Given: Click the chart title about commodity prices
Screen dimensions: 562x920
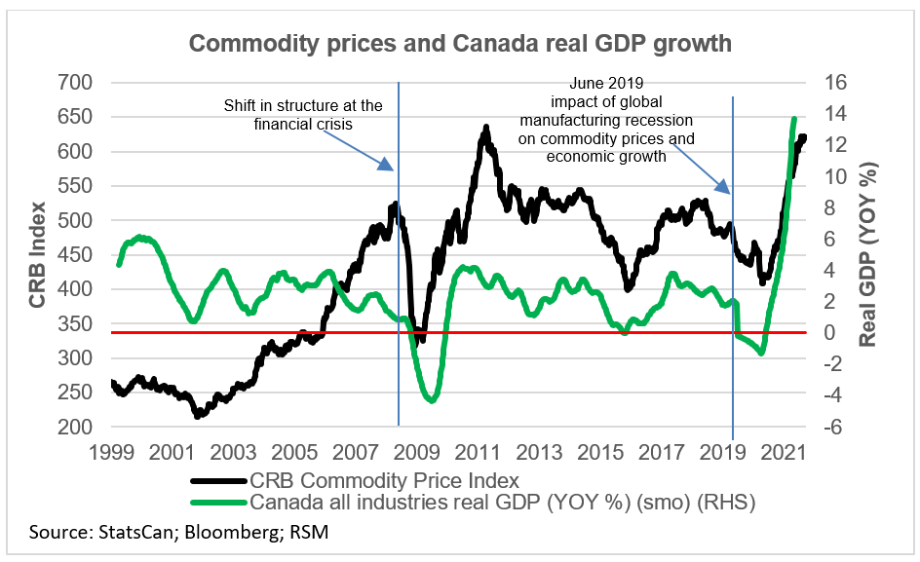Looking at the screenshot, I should (x=459, y=45).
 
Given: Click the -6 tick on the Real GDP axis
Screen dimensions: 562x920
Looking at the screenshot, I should (x=813, y=427).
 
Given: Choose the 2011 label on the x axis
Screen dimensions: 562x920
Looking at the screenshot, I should (x=478, y=453).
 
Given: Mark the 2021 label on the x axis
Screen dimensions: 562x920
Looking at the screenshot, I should (x=784, y=453).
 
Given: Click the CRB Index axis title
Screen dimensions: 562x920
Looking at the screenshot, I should (x=37, y=255).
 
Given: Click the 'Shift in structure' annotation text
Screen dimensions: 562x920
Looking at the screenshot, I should (x=304, y=114).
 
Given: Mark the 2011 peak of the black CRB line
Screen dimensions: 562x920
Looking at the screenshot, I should (x=484, y=128).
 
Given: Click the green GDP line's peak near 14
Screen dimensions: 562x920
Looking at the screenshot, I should (x=793, y=119).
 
